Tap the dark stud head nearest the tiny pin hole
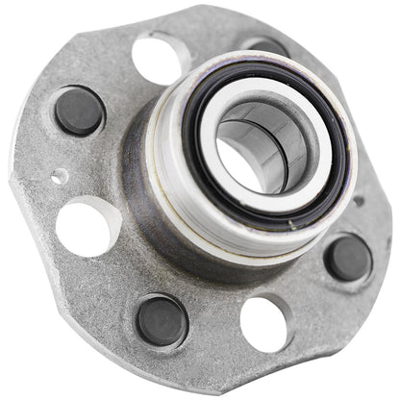[79, 110]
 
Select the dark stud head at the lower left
[161, 319]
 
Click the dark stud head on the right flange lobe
[347, 258]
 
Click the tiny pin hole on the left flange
[61, 176]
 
